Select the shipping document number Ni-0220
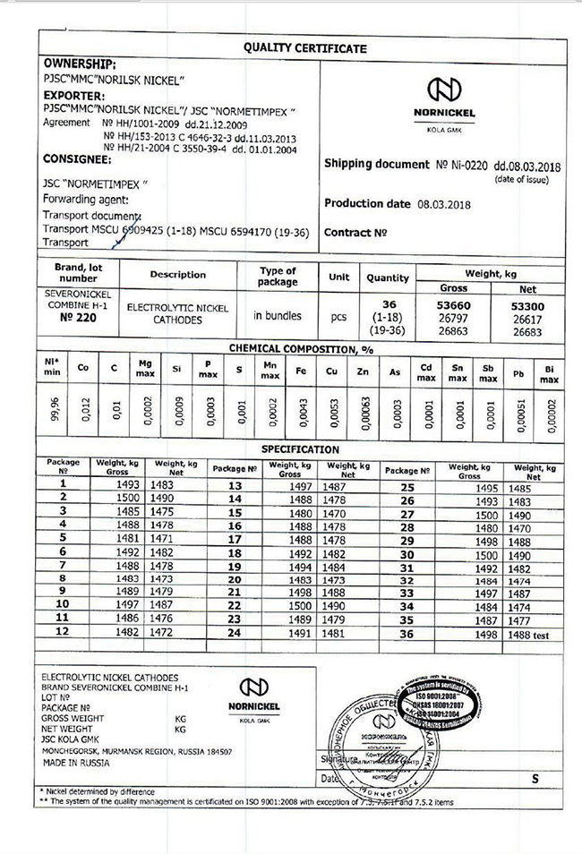[x=465, y=166]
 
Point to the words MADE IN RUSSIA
[x=76, y=763]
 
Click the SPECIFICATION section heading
[x=300, y=449]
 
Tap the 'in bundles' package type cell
[x=278, y=315]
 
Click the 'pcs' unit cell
[x=338, y=315]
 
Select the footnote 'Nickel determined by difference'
[x=100, y=791]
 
